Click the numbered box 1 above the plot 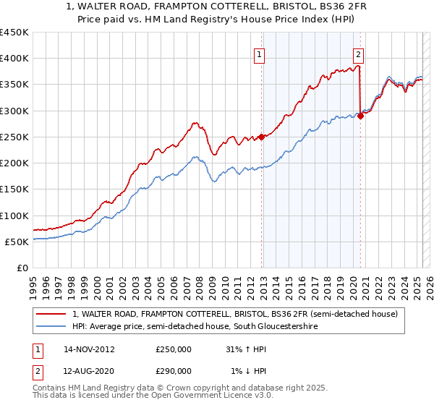259,53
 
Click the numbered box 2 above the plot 358,53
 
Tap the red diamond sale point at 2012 262,137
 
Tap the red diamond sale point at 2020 360,116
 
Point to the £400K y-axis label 14,59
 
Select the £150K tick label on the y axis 14,189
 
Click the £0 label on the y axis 22,268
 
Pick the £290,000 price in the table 173,370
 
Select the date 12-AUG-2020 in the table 89,370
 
